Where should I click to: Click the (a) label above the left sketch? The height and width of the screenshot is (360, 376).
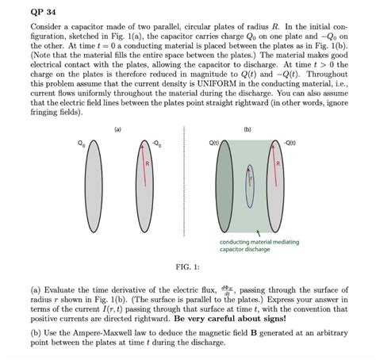(x=117, y=128)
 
